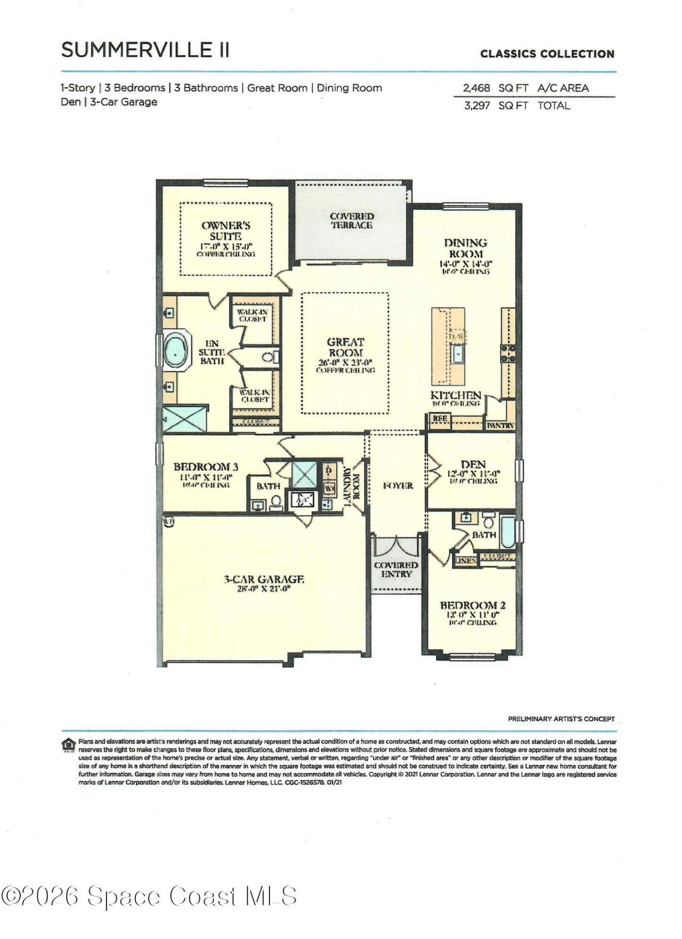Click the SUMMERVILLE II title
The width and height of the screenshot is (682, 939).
[x=145, y=50]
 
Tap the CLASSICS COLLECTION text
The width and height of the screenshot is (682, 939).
[x=547, y=54]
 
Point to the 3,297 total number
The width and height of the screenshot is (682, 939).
[x=476, y=105]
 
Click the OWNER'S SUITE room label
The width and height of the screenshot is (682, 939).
[x=225, y=231]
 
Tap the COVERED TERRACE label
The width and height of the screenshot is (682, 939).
[x=352, y=221]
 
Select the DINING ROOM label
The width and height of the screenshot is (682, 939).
[x=465, y=248]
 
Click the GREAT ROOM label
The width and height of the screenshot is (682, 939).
[x=345, y=347]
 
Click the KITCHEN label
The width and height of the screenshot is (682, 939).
[x=456, y=395]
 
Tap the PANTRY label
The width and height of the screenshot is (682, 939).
[x=500, y=426]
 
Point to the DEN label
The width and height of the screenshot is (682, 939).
[x=473, y=464]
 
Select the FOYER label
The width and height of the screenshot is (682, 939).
[x=397, y=486]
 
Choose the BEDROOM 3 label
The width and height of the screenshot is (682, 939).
[x=206, y=467]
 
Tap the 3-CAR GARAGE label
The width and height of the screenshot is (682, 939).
[x=264, y=579]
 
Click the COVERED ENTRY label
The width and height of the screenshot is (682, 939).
[x=396, y=569]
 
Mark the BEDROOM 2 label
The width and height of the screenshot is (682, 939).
[x=472, y=605]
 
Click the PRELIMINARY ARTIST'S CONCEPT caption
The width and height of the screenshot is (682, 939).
[x=561, y=719]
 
